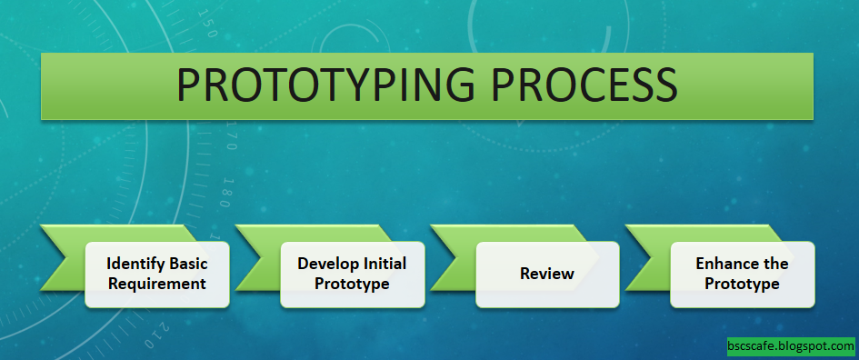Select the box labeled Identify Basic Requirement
(156, 274)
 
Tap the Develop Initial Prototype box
(352, 274)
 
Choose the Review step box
(546, 274)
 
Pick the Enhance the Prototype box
(742, 274)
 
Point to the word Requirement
(156, 284)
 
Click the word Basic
(185, 264)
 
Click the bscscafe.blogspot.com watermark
(791, 346)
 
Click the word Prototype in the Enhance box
(742, 284)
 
